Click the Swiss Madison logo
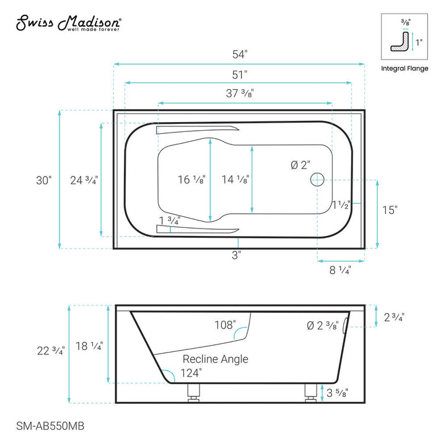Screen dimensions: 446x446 click(68, 24)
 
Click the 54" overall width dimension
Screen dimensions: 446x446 click(238, 54)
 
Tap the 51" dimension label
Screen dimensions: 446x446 click(238, 73)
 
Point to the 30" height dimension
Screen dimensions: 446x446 click(44, 180)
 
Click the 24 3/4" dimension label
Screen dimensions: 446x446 click(84, 180)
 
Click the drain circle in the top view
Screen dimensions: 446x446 click(317, 180)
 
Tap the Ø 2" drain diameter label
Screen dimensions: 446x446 click(301, 165)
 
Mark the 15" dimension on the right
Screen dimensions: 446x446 click(388, 210)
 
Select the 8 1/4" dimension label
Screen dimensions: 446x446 click(340, 271)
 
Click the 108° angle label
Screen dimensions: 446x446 click(225, 325)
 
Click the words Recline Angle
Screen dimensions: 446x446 click(215, 359)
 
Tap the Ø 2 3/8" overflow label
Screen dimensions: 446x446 click(321, 326)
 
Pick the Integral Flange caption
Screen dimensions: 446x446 click(404, 69)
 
